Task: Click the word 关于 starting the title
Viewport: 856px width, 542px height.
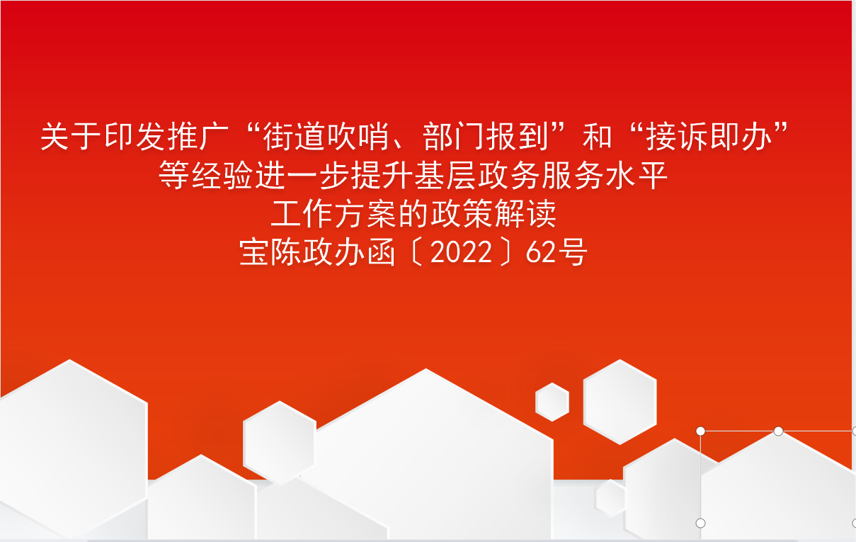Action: [72, 137]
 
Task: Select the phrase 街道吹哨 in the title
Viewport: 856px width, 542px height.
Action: [326, 137]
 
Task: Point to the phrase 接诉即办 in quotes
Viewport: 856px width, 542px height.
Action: [709, 137]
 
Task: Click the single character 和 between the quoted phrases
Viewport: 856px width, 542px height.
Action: [598, 137]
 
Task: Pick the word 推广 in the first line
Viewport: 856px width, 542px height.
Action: [199, 137]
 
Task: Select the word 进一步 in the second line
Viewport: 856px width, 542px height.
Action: [302, 175]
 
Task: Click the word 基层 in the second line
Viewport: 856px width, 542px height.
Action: [445, 175]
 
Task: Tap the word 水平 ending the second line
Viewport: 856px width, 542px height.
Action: [637, 175]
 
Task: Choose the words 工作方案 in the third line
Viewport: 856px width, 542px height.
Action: [334, 213]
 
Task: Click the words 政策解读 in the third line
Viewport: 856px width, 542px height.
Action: [493, 213]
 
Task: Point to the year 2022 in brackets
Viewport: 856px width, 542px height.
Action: [461, 252]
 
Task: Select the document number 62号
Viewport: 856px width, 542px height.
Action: [557, 252]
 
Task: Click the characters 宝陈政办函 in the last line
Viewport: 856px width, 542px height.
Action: [317, 252]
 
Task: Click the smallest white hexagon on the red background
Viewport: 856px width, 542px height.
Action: [552, 402]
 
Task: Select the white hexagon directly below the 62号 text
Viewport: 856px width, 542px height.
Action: [620, 402]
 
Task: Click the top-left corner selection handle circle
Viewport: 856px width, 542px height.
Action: [700, 431]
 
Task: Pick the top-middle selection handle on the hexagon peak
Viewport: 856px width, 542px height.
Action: [778, 431]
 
